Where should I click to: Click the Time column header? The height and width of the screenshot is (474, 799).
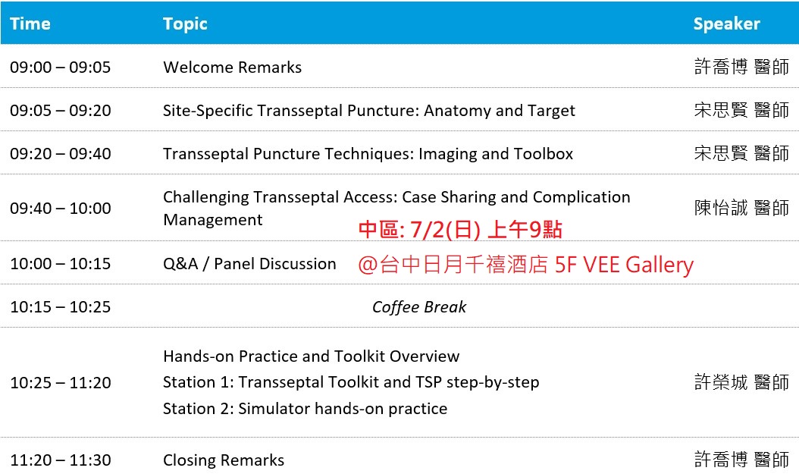[x=30, y=24]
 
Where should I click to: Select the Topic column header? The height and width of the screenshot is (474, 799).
[x=185, y=24]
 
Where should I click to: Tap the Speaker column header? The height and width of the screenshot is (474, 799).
[x=727, y=24]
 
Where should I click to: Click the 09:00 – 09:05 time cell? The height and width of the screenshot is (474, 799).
[x=60, y=67]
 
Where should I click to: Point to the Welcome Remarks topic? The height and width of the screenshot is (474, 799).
[x=233, y=67]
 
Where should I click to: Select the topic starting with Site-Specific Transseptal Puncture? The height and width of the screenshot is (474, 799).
[x=369, y=111]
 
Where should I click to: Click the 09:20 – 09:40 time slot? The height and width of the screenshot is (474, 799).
[x=60, y=154]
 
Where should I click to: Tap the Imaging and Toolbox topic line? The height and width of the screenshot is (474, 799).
[x=368, y=154]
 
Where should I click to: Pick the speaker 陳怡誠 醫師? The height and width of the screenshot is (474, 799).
[x=741, y=208]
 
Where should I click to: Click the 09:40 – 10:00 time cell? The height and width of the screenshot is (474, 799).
[x=60, y=209]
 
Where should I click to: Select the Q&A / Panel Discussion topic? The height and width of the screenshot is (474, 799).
[x=249, y=264]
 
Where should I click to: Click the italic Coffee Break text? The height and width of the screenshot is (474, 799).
[x=419, y=307]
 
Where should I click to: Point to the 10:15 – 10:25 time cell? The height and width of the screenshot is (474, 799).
[x=60, y=307]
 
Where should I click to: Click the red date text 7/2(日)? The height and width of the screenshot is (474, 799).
[x=445, y=230]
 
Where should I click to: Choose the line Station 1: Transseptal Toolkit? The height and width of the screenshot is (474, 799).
[x=351, y=382]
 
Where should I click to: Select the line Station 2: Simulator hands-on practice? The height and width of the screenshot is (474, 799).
[x=305, y=409]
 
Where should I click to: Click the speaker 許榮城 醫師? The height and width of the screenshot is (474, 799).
[x=741, y=382]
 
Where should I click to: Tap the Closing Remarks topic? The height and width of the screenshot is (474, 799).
[x=224, y=460]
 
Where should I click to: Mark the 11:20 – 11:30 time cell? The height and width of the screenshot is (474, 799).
[x=60, y=460]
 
